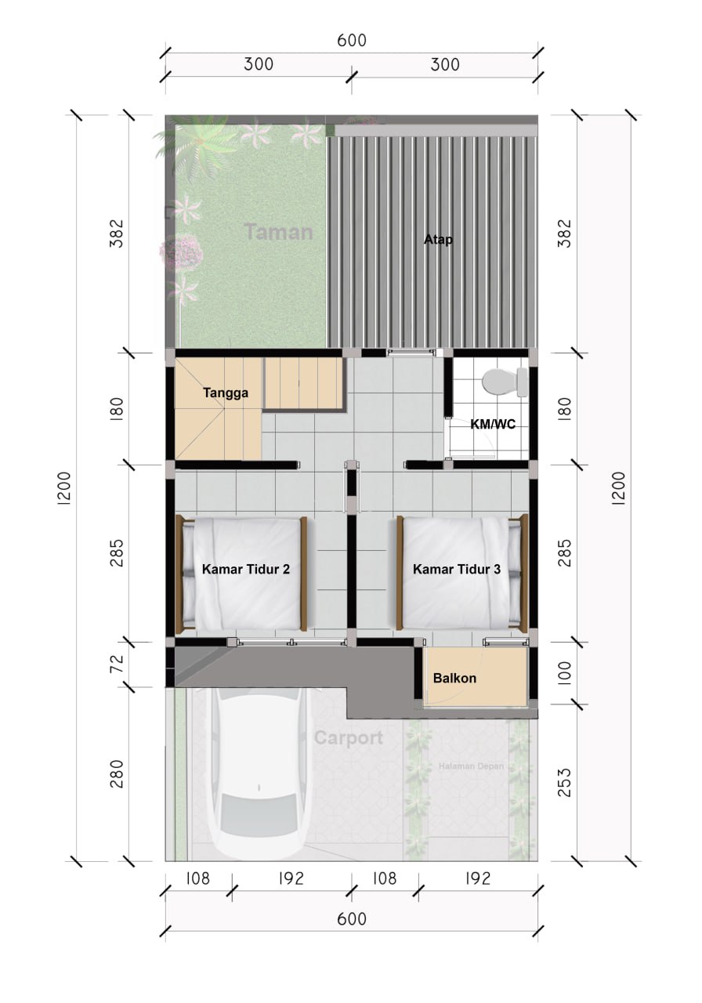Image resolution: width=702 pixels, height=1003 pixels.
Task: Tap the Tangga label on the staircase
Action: pyautogui.click(x=226, y=393)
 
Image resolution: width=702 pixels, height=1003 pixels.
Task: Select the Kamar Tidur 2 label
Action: pyautogui.click(x=246, y=569)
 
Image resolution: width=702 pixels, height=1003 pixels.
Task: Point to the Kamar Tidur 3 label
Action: pyautogui.click(x=457, y=569)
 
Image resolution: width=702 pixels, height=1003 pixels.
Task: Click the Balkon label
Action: pyautogui.click(x=454, y=678)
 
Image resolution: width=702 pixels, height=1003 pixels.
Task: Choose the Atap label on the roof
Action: pyautogui.click(x=438, y=240)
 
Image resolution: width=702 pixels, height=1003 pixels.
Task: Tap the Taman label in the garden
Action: pyautogui.click(x=279, y=232)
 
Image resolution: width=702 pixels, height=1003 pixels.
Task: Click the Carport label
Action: pyautogui.click(x=349, y=738)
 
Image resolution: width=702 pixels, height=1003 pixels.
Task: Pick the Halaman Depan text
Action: pyautogui.click(x=471, y=766)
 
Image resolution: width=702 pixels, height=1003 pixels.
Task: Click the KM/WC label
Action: pyautogui.click(x=493, y=424)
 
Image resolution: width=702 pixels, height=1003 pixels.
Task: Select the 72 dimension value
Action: pyautogui.click(x=117, y=663)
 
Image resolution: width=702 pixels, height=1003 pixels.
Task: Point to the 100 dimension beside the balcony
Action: pyautogui.click(x=565, y=673)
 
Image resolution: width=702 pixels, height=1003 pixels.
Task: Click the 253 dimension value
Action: pyautogui.click(x=565, y=782)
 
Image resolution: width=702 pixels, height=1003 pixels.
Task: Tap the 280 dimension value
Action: pyautogui.click(x=117, y=773)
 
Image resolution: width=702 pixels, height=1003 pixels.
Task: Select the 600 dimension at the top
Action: pyautogui.click(x=352, y=40)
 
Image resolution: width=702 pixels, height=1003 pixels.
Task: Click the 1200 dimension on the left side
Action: pyautogui.click(x=63, y=489)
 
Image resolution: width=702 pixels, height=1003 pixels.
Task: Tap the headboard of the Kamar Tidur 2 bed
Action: pyautogui.click(x=180, y=574)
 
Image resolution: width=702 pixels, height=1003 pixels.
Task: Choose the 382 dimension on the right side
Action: pyautogui.click(x=565, y=234)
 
